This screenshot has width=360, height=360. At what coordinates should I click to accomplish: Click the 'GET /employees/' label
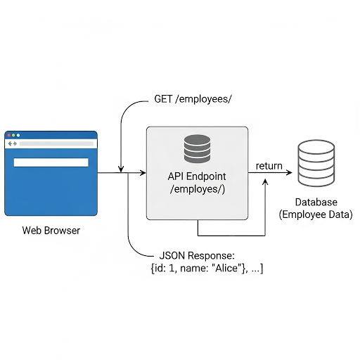193,99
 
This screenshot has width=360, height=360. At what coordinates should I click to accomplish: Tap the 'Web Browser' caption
51,231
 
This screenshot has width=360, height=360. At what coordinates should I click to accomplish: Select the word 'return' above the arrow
269,166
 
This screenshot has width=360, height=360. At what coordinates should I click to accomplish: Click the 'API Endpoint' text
197,176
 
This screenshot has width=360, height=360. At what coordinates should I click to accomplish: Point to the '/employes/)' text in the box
198,189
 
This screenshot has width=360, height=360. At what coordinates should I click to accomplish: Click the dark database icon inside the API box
197,148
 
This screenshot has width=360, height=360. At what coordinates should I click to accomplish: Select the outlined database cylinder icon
316,163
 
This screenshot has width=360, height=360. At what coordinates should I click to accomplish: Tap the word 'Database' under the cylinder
316,202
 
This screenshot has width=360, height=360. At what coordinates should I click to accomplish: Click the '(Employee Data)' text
316,214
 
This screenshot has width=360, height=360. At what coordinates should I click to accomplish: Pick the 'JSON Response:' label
197,255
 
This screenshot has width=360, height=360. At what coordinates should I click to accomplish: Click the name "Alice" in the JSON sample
226,268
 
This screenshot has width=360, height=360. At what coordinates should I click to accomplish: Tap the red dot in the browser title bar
9,135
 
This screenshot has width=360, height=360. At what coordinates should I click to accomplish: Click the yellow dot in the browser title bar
13,135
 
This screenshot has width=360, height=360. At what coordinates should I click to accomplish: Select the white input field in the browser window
51,162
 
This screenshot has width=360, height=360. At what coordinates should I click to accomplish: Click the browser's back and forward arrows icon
13,143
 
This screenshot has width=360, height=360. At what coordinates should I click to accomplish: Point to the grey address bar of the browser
56,143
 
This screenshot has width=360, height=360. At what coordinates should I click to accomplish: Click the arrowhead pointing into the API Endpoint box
143,173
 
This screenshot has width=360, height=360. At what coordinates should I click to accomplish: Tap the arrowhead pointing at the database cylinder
290,173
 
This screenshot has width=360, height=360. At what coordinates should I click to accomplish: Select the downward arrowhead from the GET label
121,169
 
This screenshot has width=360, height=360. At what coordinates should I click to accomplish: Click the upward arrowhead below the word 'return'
265,182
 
